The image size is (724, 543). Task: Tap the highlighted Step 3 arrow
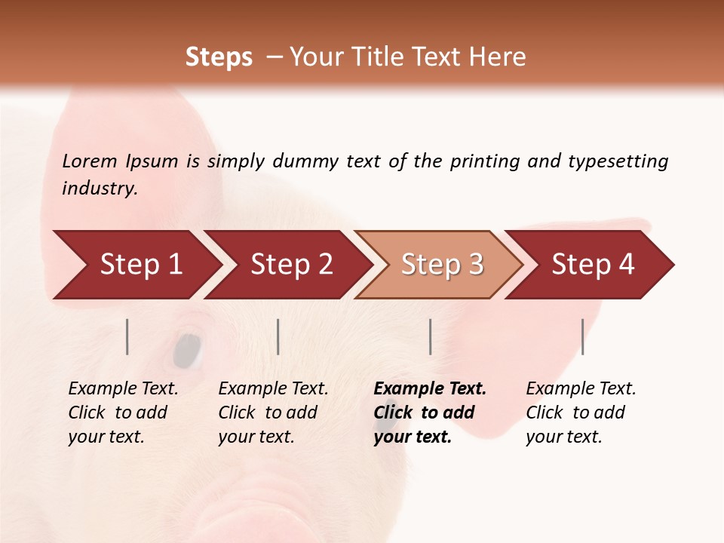coord(442,265)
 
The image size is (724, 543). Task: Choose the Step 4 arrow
coord(593,265)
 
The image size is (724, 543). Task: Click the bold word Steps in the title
coord(219,57)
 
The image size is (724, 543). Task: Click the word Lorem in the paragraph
coord(90,161)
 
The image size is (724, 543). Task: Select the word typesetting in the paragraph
coord(618,161)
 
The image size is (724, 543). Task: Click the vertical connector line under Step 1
coord(127,336)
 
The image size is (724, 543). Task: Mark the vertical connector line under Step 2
coord(278,336)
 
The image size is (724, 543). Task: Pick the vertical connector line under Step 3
coord(430,336)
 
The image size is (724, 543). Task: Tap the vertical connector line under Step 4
coord(582,336)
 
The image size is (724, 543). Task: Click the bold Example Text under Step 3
coord(430,389)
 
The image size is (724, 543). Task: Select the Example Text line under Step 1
coord(123,389)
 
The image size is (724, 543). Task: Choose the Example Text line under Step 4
coord(581,389)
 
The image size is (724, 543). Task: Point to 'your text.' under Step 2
coord(256,437)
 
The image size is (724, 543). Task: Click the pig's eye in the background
coord(187,349)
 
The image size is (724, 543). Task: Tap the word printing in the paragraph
coord(485,161)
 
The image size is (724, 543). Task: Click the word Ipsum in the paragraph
coord(152,161)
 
